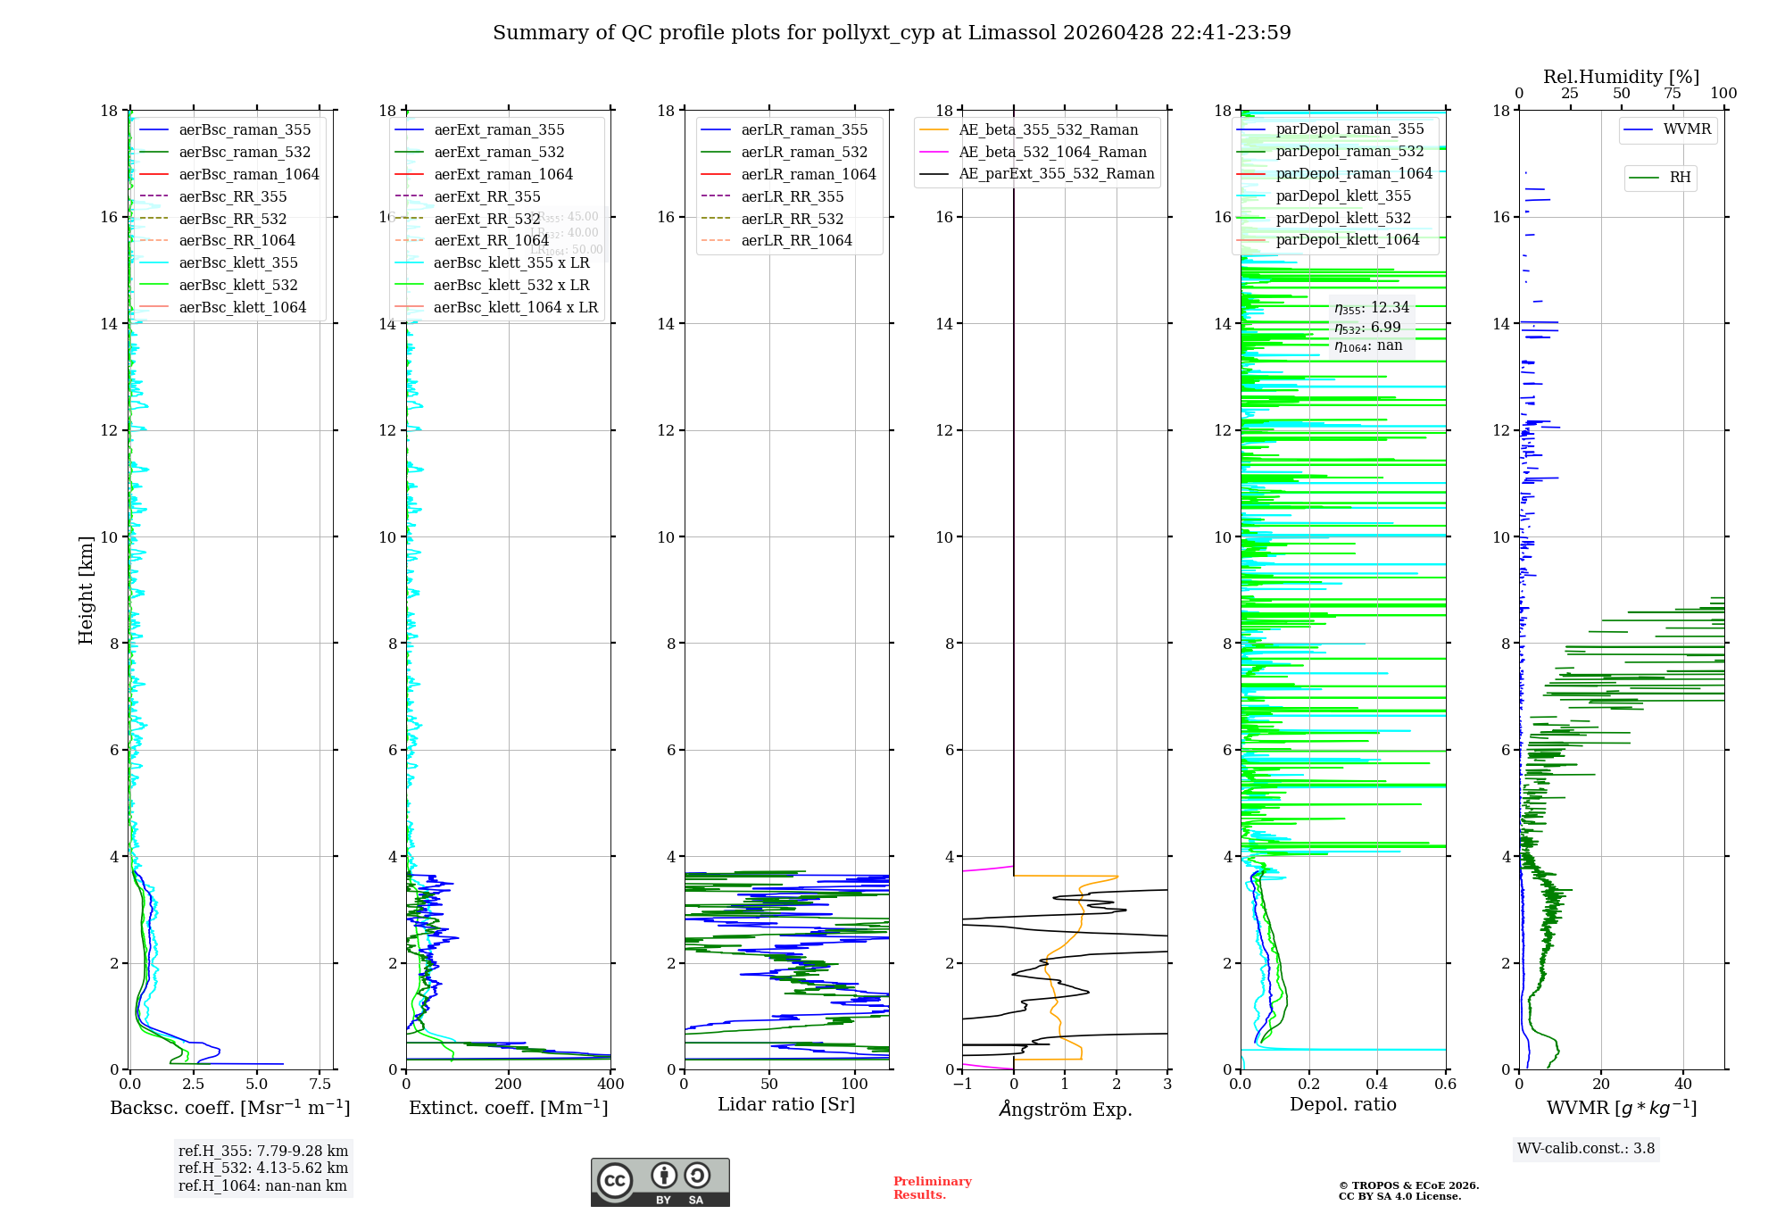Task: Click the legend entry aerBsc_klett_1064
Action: (242, 307)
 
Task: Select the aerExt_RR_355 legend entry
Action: (486, 196)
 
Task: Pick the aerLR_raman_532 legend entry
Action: (803, 152)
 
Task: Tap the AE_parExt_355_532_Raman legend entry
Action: (1056, 173)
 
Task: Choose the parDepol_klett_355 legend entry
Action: (1342, 195)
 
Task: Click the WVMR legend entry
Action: (1686, 129)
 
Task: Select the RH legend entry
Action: (1679, 178)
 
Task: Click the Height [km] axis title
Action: (86, 589)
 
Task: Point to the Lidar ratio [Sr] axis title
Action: (785, 1104)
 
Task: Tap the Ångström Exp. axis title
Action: (1065, 1109)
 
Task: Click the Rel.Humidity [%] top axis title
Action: (1621, 77)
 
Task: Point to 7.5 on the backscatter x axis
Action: (320, 1085)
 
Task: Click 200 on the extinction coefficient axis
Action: (509, 1085)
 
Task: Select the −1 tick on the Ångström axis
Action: (962, 1085)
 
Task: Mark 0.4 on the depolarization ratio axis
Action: (1377, 1085)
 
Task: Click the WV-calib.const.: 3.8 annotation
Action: (1585, 1149)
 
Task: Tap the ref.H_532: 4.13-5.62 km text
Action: (262, 1168)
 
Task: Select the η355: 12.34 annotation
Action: (1371, 308)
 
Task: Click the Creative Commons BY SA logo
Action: (660, 1182)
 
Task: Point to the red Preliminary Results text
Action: (932, 1188)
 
